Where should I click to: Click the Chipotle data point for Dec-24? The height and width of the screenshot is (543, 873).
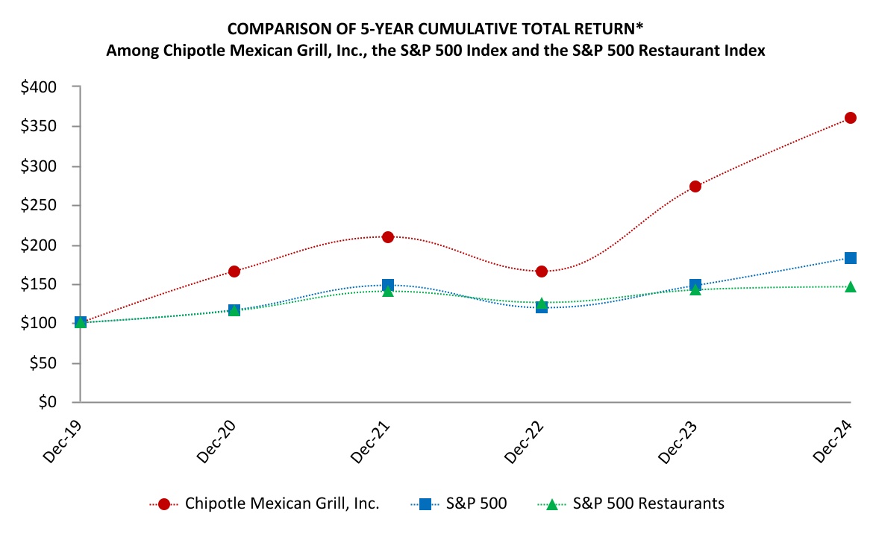click(850, 118)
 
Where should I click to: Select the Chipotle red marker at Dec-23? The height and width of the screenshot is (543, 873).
click(695, 186)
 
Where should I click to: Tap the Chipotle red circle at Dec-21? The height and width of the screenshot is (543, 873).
click(388, 237)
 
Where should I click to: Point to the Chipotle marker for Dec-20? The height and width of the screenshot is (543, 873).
click(234, 271)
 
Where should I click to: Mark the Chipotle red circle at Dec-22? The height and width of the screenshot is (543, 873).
click(542, 271)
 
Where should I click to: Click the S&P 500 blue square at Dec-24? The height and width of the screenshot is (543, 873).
click(850, 258)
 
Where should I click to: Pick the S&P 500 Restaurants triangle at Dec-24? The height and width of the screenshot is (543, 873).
click(850, 286)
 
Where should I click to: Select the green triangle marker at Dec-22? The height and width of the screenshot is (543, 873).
click(542, 304)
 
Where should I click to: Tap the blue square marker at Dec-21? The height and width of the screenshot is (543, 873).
click(388, 285)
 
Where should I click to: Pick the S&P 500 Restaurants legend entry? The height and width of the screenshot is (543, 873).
click(648, 503)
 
